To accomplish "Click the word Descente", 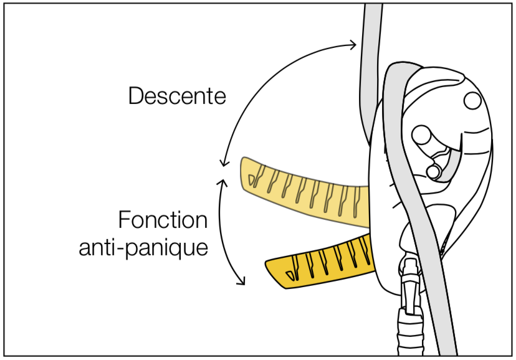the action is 177,96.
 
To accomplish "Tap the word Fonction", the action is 163,220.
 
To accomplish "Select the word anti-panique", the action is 143,247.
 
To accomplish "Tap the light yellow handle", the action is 304,193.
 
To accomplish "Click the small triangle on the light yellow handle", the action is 251,180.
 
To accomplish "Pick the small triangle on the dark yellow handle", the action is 290,275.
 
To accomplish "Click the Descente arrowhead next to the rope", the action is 353,44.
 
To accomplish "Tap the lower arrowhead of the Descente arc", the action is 224,163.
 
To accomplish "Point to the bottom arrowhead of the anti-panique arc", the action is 242,281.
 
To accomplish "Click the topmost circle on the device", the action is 472,101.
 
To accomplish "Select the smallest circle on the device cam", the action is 433,172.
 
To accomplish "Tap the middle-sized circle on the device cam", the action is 421,135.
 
